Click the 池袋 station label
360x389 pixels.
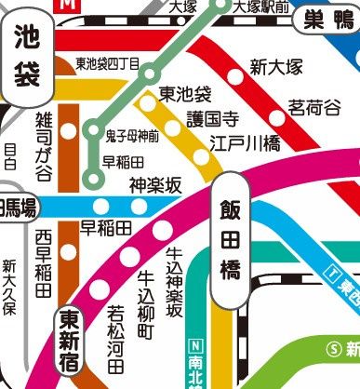[26, 56]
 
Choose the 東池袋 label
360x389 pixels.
[185, 94]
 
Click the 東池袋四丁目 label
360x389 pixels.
[107, 64]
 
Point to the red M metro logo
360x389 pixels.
[66, 5]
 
